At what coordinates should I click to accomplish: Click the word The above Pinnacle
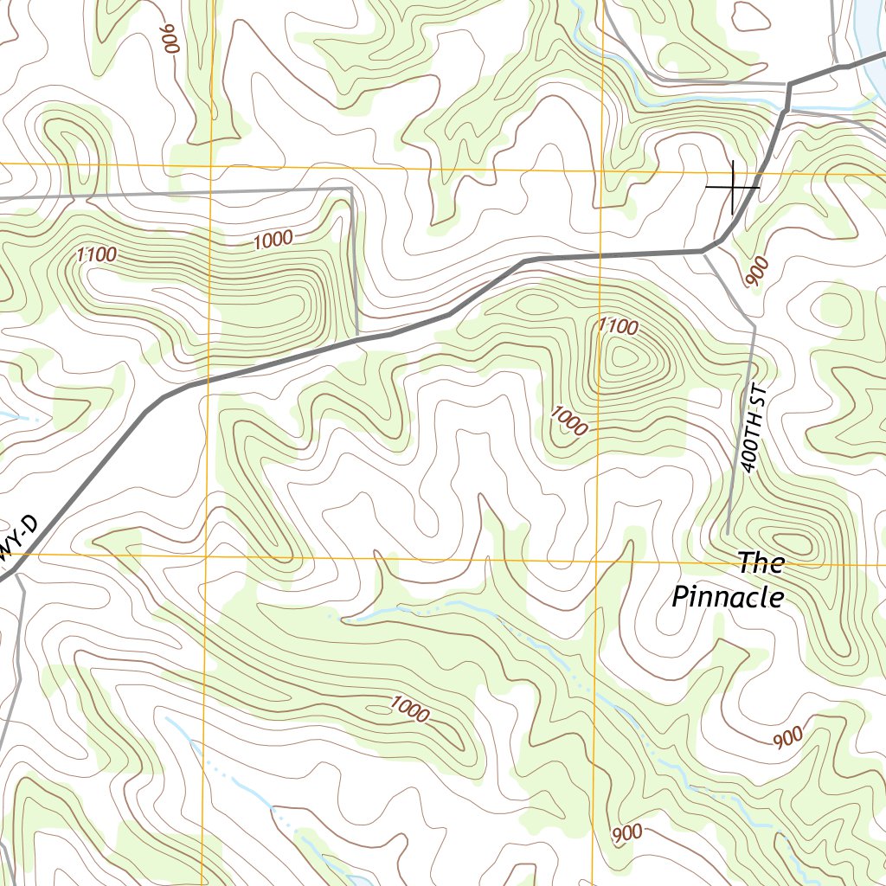[x=761, y=563]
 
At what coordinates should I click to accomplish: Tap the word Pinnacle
[x=729, y=597]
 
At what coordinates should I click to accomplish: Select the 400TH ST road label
[x=754, y=428]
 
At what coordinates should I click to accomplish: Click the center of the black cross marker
[x=733, y=186]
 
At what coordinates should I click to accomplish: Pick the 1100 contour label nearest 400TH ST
[x=618, y=326]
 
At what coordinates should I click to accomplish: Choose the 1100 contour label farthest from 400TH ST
[x=96, y=254]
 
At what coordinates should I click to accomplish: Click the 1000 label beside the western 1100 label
[x=273, y=240]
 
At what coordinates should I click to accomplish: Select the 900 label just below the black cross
[x=755, y=272]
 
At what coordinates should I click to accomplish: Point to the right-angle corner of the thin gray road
[x=350, y=189]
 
